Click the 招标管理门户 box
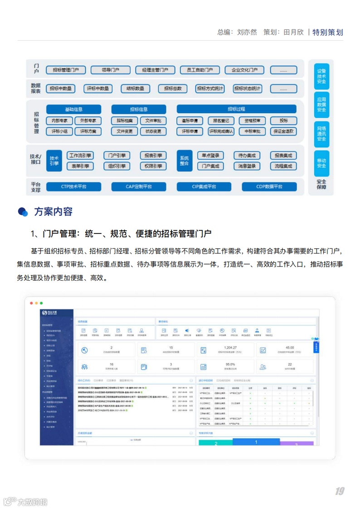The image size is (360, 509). coord(66,70)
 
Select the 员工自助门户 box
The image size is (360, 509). coord(196,70)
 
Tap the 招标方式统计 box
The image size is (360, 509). coord(209,89)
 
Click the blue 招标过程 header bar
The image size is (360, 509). coord(236,110)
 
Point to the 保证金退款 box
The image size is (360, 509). coord(283,131)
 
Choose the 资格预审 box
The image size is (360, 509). coord(252,121)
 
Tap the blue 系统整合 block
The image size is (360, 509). coord(184,161)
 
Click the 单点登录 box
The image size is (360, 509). coord(211,155)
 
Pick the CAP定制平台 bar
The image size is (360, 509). coord(139,187)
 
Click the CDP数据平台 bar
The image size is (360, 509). coord(269,187)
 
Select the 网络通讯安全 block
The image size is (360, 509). coord(321,134)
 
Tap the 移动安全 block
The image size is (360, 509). coord(321,163)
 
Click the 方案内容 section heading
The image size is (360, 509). coord(53,212)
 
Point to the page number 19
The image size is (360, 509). coord(340,491)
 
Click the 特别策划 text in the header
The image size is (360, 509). coord(328,33)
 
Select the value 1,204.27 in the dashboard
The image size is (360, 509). coord(230,348)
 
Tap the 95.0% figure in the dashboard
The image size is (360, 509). coord(230,364)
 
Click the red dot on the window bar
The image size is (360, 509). coord(31,303)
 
